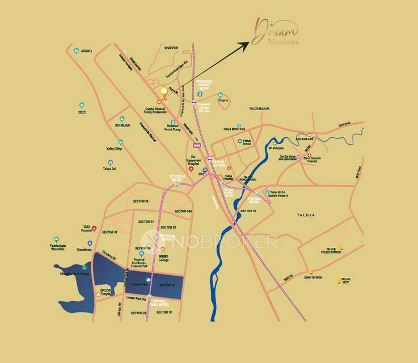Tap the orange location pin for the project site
(x=164, y=91)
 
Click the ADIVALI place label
(x=86, y=50)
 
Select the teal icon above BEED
(x=82, y=105)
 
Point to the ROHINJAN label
(x=123, y=125)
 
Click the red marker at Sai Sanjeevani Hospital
(x=191, y=170)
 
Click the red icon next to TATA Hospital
(x=95, y=229)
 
